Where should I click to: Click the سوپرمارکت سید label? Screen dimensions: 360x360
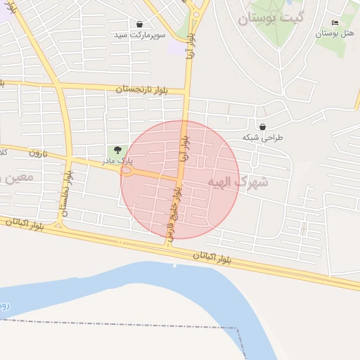pyautogui.click(x=141, y=34)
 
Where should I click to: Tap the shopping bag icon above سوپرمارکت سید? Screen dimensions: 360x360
pyautogui.click(x=140, y=24)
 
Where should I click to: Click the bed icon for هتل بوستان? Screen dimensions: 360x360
pyautogui.click(x=335, y=23)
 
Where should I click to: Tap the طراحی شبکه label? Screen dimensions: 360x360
pyautogui.click(x=262, y=137)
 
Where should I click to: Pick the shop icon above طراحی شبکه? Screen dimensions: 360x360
pyautogui.click(x=262, y=127)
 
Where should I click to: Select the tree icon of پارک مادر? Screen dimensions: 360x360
pyautogui.click(x=117, y=150)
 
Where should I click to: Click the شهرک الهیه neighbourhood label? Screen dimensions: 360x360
pyautogui.click(x=238, y=182)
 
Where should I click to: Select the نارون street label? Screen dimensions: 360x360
pyautogui.click(x=37, y=153)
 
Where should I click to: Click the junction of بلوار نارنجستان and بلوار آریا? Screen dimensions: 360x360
pyautogui.click(x=188, y=91)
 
